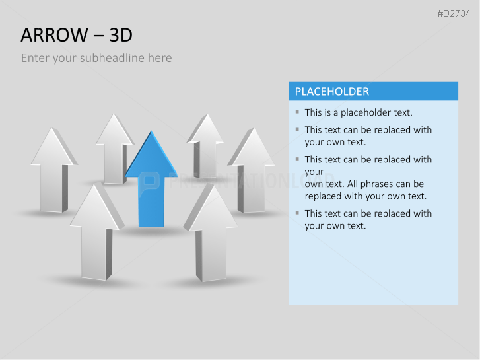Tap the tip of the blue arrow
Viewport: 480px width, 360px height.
click(x=151, y=131)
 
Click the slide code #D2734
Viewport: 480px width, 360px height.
click(x=454, y=13)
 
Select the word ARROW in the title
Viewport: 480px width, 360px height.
click(x=54, y=35)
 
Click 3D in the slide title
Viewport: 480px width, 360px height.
click(x=121, y=35)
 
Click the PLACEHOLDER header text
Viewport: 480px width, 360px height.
click(x=332, y=92)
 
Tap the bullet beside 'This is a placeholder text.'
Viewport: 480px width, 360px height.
click(x=297, y=112)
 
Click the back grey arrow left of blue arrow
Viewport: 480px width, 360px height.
click(x=114, y=150)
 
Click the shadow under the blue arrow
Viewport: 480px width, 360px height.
click(x=152, y=231)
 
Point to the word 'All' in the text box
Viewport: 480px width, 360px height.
click(x=353, y=184)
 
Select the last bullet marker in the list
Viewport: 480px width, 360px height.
click(x=297, y=213)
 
